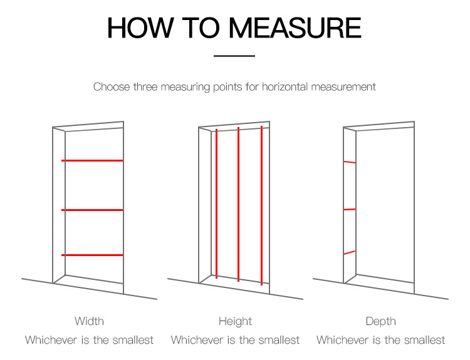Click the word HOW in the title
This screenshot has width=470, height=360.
point(140,28)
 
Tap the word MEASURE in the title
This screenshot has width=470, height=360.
point(295,28)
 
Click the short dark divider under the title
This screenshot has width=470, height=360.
point(234,56)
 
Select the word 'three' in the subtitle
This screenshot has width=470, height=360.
point(145,87)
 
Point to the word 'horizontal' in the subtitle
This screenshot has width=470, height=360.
point(285,87)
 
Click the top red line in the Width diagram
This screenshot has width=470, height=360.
point(92,160)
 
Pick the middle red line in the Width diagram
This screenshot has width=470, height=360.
point(92,210)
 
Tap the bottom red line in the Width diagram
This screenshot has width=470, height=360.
point(92,255)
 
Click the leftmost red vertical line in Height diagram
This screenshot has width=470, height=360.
point(216,203)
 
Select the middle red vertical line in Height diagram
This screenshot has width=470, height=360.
point(238,204)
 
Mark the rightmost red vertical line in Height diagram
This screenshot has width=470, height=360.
point(262,205)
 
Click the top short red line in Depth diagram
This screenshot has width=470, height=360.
point(350,162)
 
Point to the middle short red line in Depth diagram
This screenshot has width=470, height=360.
point(350,209)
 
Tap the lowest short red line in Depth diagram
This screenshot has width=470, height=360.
point(350,252)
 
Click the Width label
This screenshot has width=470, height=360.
point(90,321)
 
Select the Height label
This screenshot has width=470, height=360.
point(235,321)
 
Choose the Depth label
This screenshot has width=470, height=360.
point(380,321)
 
